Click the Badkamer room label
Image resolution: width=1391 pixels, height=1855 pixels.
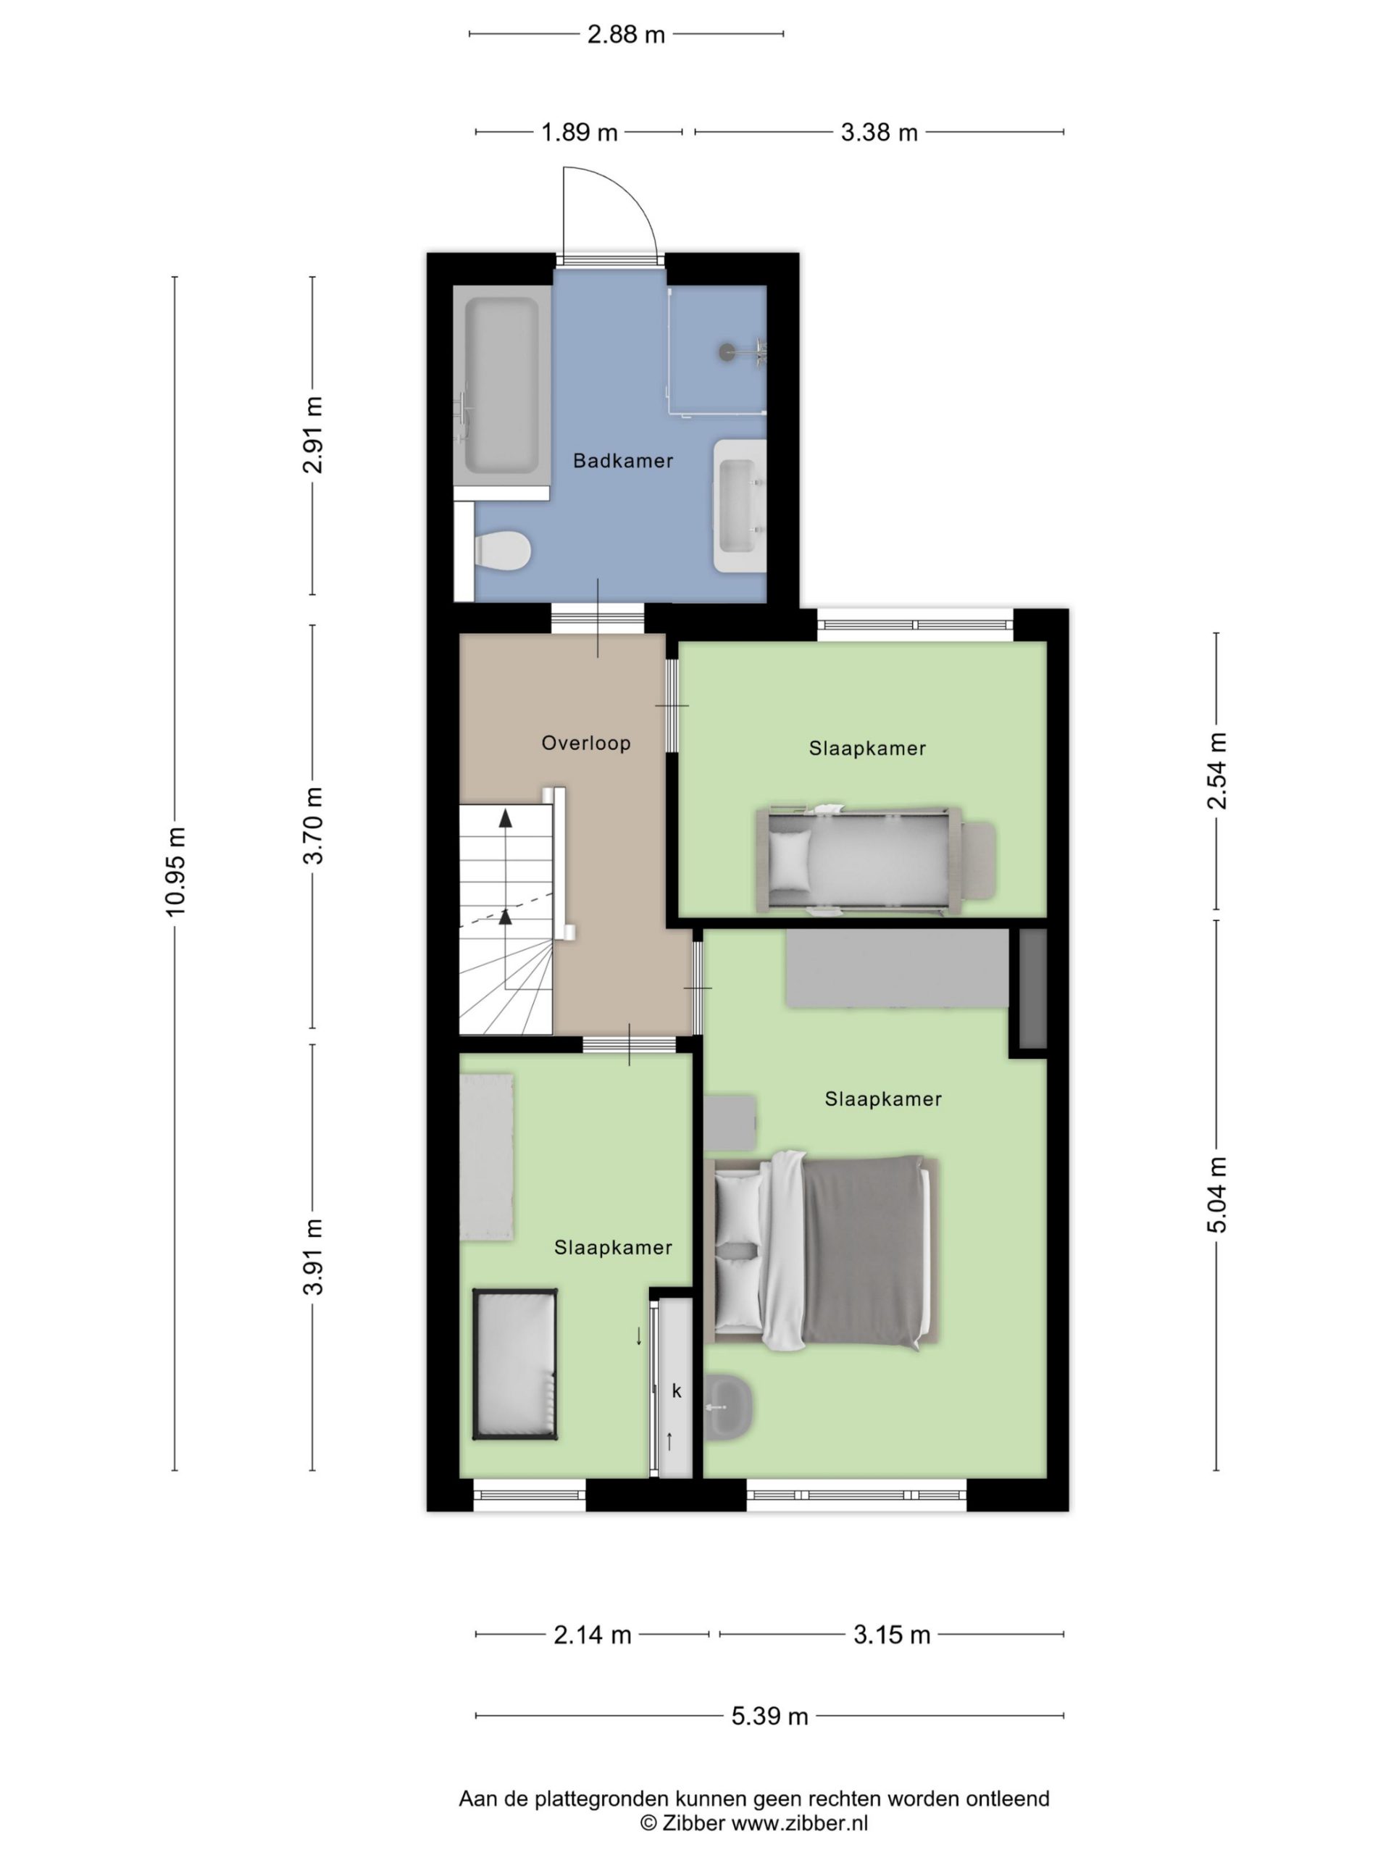point(622,460)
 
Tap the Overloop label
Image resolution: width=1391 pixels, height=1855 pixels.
point(585,743)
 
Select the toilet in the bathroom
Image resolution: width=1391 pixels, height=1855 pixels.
point(502,551)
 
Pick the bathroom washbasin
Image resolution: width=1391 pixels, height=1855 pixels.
point(740,507)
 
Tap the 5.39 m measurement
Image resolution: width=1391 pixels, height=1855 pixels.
point(769,1716)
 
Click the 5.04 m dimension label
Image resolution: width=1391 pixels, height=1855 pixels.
point(1216,1194)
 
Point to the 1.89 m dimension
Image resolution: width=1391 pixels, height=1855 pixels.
point(579,133)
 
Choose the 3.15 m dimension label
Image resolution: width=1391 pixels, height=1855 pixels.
point(891,1635)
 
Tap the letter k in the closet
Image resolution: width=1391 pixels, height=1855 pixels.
point(677,1391)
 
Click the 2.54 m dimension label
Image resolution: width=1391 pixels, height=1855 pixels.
point(1216,771)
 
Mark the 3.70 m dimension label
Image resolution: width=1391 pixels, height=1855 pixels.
point(313,825)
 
